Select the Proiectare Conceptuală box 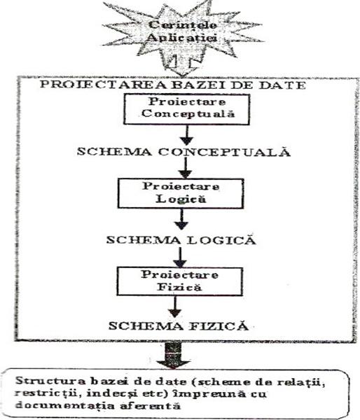[186, 109]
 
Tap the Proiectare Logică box [181, 193]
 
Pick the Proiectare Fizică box [179, 281]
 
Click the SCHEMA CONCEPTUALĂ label [184, 152]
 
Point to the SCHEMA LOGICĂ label [181, 239]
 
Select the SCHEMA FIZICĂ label [179, 326]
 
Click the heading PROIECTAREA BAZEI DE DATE [173, 85]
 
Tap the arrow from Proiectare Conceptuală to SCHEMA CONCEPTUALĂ [187, 135]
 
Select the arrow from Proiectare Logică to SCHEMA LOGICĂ [181, 219]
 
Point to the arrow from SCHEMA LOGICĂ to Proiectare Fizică [180, 257]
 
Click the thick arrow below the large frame [174, 356]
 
